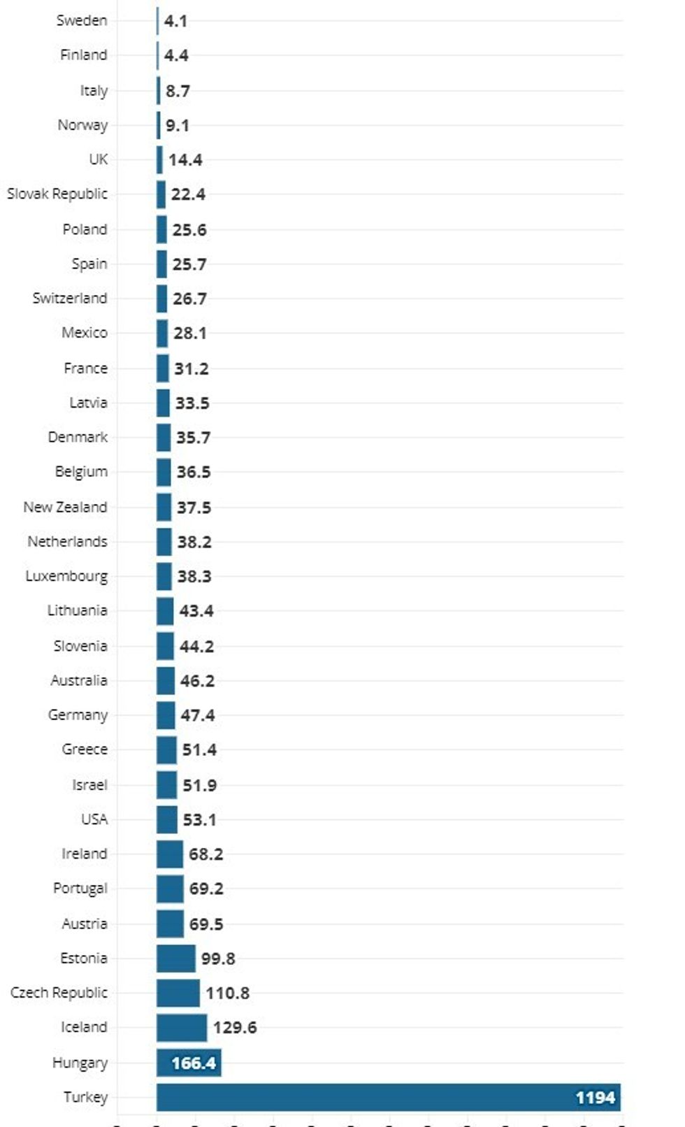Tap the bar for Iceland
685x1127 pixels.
[182, 1028]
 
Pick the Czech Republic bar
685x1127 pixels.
[178, 993]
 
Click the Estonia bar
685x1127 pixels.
[176, 959]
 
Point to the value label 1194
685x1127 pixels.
[595, 1098]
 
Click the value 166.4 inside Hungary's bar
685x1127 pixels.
[194, 1063]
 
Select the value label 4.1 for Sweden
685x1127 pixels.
[175, 21]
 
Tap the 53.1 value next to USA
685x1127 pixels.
[199, 819]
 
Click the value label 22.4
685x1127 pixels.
[188, 194]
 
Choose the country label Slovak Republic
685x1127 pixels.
[57, 194]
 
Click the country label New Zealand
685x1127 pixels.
[65, 507]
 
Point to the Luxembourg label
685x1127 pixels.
[66, 576]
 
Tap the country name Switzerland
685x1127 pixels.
[70, 298]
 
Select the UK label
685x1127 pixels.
[99, 159]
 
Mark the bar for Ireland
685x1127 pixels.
[170, 854]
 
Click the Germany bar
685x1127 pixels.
[166, 715]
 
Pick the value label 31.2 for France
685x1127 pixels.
[191, 368]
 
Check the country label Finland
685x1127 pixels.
[84, 55]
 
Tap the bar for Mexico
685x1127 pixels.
[162, 333]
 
